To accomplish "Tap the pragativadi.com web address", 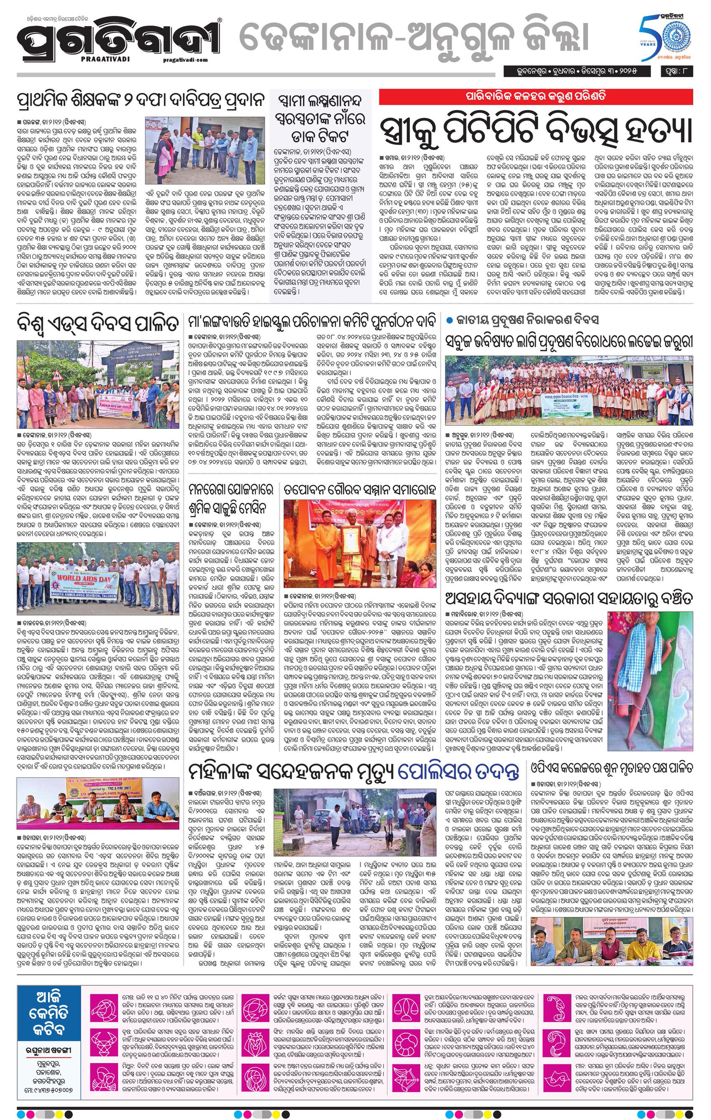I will (186, 59).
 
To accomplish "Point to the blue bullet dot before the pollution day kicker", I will (449, 320).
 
